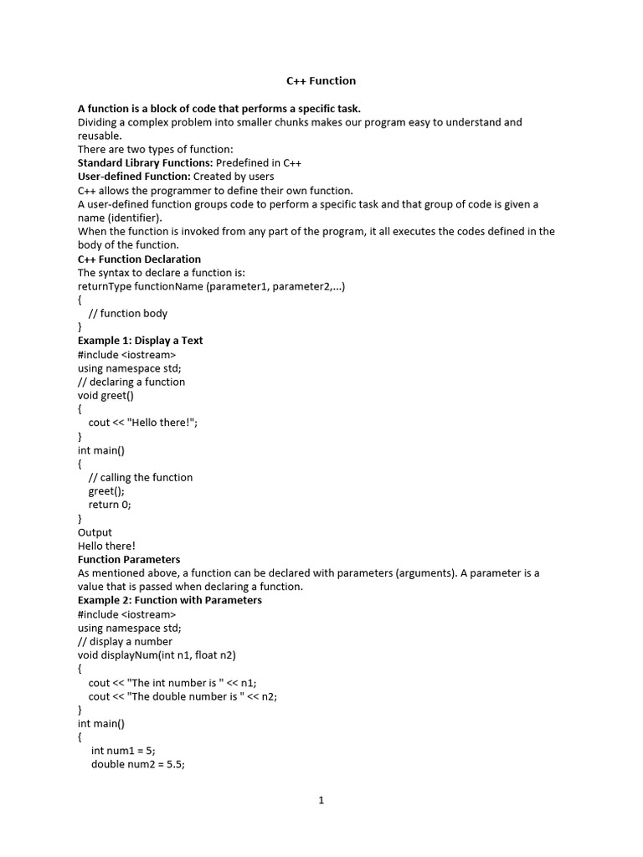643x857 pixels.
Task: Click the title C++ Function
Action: pyautogui.click(x=321, y=81)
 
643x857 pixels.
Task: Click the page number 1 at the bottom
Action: pyautogui.click(x=321, y=800)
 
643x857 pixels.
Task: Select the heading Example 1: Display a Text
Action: pyautogui.click(x=140, y=341)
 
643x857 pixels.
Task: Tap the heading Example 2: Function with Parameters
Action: pyautogui.click(x=169, y=600)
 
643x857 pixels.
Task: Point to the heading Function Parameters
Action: pyautogui.click(x=129, y=559)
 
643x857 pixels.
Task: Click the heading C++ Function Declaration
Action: pyautogui.click(x=139, y=259)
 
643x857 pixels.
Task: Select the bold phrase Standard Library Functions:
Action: pyautogui.click(x=145, y=162)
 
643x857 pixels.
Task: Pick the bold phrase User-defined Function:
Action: pyautogui.click(x=134, y=177)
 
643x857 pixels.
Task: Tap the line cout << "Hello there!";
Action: pyautogui.click(x=143, y=423)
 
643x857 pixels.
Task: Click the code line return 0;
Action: pyautogui.click(x=110, y=505)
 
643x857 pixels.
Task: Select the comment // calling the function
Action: pyautogui.click(x=141, y=477)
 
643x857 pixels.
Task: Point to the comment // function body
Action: pyautogui.click(x=127, y=313)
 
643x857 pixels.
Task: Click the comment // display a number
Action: pyautogui.click(x=125, y=641)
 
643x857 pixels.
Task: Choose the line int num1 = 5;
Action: pyautogui.click(x=123, y=751)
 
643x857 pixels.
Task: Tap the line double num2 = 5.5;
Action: pyautogui.click(x=137, y=764)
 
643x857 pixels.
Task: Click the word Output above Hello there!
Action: pyautogui.click(x=95, y=532)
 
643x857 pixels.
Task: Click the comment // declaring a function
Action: pyautogui.click(x=131, y=382)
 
